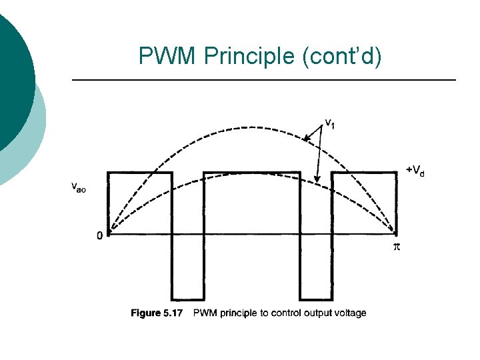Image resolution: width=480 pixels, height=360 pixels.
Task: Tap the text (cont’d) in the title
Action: point(342,57)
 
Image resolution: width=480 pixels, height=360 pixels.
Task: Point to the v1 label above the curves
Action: point(329,123)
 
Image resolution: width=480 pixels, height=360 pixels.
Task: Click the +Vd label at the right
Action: point(415,171)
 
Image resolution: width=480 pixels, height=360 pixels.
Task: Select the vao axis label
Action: point(79,187)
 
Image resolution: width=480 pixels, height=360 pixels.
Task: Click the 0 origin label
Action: point(99,235)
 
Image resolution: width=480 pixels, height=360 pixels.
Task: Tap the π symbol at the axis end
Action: point(395,247)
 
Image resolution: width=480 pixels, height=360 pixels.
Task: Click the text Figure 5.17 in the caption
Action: point(157,313)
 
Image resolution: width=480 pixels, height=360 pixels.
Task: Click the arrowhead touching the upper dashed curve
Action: point(306,139)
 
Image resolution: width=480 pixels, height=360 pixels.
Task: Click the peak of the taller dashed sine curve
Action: point(252,127)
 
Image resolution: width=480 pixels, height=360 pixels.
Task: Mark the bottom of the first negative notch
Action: point(188,299)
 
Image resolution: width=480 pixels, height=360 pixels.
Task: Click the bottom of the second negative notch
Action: point(315,299)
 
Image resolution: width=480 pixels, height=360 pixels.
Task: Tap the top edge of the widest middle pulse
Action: point(252,172)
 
